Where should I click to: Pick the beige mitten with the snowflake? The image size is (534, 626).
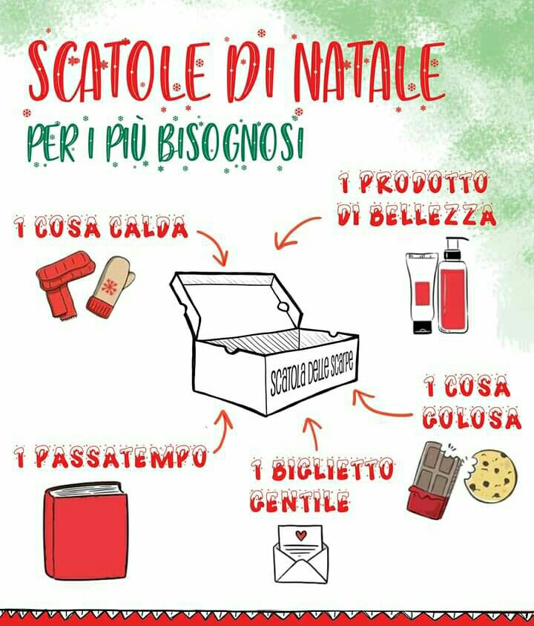[x=111, y=287]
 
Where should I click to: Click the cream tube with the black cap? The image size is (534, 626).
[x=422, y=293]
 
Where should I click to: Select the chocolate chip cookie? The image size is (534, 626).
[x=492, y=475]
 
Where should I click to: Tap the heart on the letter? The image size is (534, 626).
[x=300, y=535]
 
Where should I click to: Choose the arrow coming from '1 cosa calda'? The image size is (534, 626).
[x=215, y=247]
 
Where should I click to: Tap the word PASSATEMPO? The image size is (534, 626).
[x=121, y=458]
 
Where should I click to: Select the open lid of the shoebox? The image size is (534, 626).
[x=235, y=304]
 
